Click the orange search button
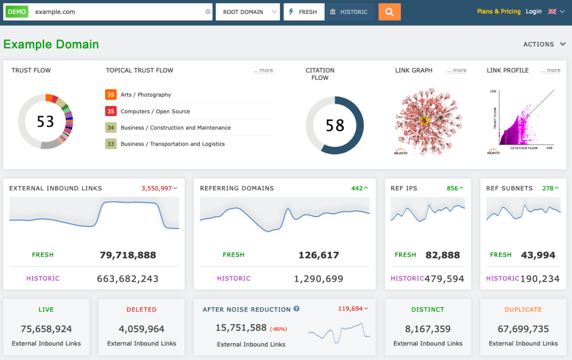click(x=389, y=12)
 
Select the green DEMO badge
click(x=17, y=12)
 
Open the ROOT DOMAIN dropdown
click(x=247, y=12)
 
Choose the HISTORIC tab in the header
click(x=349, y=12)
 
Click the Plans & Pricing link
click(x=498, y=11)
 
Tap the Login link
click(x=533, y=11)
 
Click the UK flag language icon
click(x=552, y=12)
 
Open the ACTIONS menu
click(x=544, y=44)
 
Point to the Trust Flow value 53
click(x=45, y=121)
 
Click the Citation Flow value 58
click(x=335, y=125)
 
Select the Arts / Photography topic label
click(x=146, y=95)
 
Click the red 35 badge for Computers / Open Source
click(x=111, y=111)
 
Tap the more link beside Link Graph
click(x=456, y=70)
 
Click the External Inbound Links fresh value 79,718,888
click(x=128, y=255)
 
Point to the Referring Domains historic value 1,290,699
click(x=318, y=279)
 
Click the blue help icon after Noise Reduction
click(x=297, y=309)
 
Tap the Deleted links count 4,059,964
click(x=141, y=329)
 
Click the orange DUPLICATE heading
click(x=523, y=309)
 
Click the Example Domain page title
click(x=51, y=44)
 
